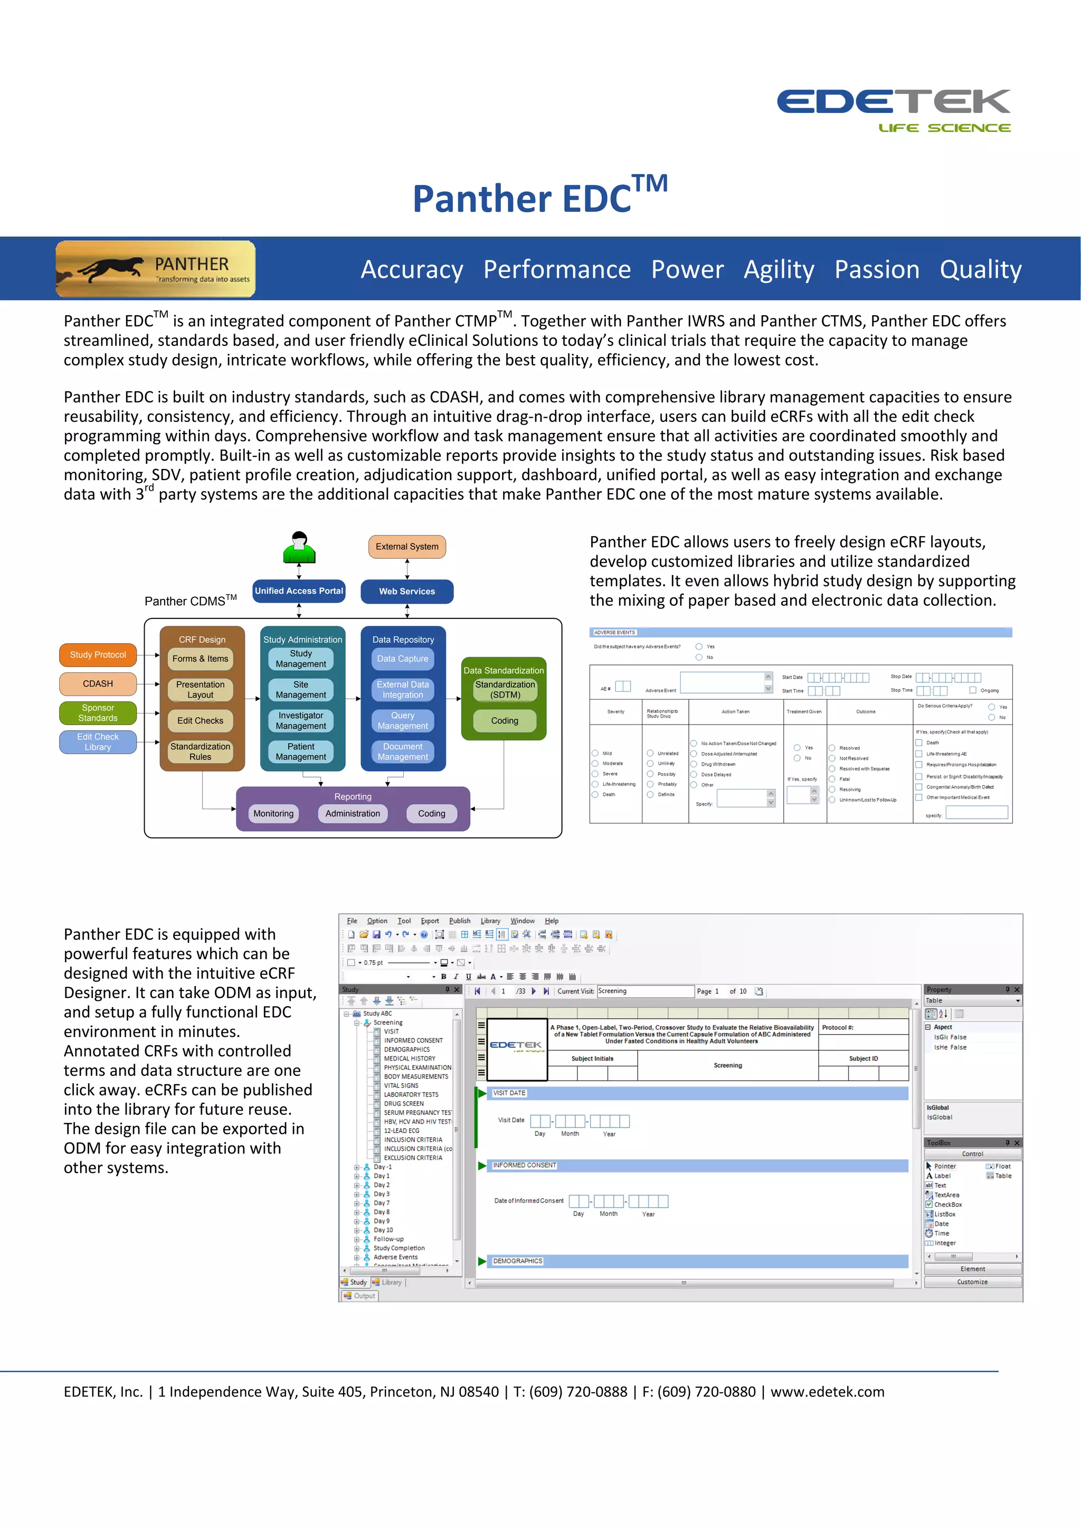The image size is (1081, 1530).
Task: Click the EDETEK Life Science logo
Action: [x=893, y=109]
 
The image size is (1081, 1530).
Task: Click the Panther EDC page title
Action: [x=539, y=196]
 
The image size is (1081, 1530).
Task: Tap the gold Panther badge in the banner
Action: [x=156, y=268]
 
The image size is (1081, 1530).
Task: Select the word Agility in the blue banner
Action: [x=779, y=270]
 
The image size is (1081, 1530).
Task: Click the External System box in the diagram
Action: [x=407, y=547]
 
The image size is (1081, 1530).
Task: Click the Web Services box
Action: [x=407, y=592]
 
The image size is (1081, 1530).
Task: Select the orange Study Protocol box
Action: [x=98, y=655]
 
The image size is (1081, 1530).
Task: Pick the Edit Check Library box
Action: [x=98, y=741]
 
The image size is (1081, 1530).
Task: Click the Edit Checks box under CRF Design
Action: [x=201, y=720]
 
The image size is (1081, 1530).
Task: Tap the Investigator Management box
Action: [x=301, y=720]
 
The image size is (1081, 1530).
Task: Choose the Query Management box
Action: [x=403, y=720]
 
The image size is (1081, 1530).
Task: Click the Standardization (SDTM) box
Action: [x=505, y=690]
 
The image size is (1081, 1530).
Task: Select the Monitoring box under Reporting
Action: [x=273, y=814]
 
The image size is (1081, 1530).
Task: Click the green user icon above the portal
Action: [x=299, y=548]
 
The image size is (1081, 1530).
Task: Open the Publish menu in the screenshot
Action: [x=460, y=921]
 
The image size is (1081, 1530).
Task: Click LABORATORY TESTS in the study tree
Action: [x=411, y=1094]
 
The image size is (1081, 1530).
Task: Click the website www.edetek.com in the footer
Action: [x=827, y=1392]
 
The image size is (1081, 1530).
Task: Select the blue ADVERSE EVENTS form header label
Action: [x=614, y=632]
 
